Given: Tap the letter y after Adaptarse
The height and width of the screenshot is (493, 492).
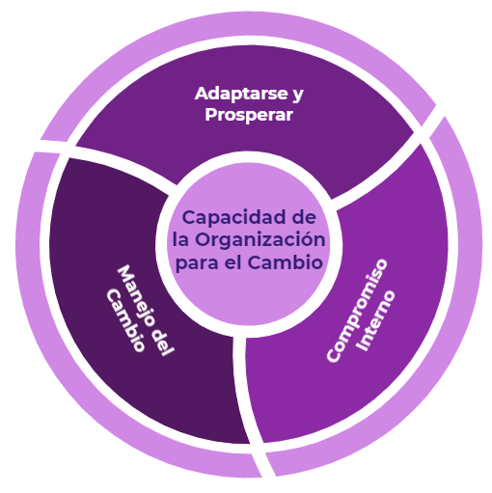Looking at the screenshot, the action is coord(298,96).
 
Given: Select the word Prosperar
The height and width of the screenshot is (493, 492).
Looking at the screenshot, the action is coord(249,116).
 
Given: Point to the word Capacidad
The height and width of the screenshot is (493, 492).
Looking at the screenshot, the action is coord(234,219).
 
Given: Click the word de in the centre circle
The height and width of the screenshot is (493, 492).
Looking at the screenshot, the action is coord(304,217).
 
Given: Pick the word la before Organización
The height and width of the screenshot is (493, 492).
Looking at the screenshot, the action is coord(180,239).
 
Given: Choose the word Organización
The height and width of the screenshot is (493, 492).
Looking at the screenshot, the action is coord(260,239).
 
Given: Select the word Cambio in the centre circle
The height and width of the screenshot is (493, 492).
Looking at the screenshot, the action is coord(285,261).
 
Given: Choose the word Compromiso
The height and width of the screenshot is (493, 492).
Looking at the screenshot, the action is coord(357,311).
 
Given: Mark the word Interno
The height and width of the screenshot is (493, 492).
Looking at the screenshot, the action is coord(376,320).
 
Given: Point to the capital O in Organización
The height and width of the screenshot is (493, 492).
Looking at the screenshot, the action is coord(204,239).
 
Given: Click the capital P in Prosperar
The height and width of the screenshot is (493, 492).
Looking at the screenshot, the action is coord(211,115).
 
